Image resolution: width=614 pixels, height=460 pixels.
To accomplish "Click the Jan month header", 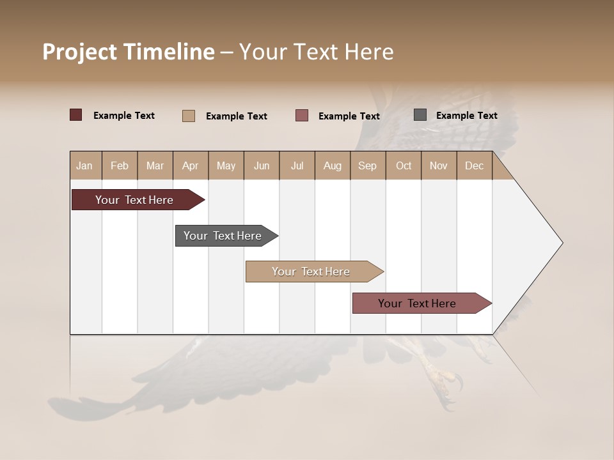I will coord(84,165).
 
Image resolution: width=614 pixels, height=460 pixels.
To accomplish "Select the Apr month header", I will coord(190,165).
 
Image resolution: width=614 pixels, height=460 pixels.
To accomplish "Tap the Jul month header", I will coord(297,165).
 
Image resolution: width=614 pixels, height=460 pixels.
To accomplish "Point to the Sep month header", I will coord(367,165).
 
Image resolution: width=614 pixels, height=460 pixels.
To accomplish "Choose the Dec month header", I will coord(474,165).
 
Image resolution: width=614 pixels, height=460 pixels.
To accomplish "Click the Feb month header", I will coord(120,165).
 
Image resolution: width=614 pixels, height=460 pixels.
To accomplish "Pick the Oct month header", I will coord(404,165).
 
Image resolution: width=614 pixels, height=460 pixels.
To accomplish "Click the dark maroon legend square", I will coord(76,115).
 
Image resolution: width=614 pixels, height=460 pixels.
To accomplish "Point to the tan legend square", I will coord(189,116).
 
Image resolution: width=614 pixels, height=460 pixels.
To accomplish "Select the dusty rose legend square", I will coord(302,116).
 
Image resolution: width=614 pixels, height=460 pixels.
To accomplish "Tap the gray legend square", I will coord(420,115).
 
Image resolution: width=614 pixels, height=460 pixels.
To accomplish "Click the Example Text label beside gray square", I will coord(466,116).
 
